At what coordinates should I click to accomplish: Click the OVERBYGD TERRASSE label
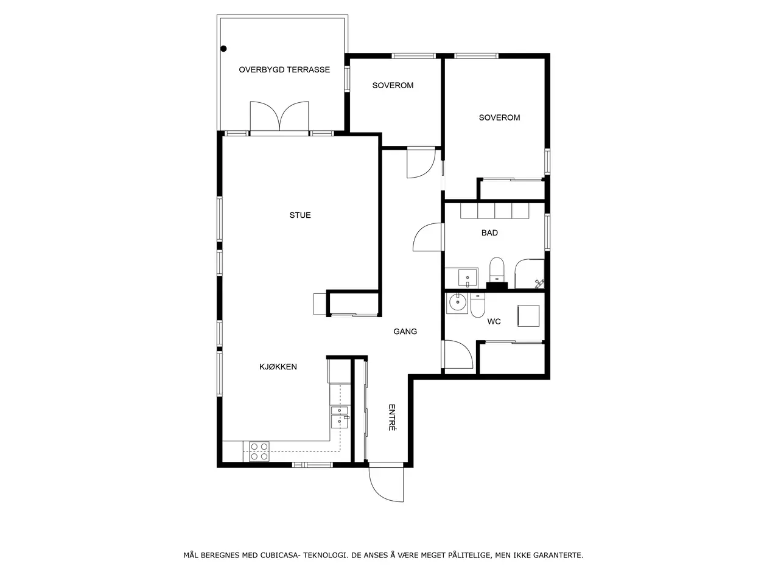tap(284, 69)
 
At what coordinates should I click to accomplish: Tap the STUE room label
tap(300, 215)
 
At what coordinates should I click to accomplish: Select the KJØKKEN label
tap(278, 366)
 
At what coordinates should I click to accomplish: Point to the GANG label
tap(405, 332)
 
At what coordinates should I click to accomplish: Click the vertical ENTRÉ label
tap(392, 417)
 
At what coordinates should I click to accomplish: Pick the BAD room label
tap(489, 233)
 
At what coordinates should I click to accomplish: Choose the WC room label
tap(494, 321)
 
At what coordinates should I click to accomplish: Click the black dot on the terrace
tap(223, 49)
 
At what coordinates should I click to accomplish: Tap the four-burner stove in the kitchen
tap(259, 451)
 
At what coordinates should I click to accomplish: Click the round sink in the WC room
tap(457, 302)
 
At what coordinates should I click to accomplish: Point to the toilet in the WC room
tap(478, 305)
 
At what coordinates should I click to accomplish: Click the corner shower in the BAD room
tap(530, 274)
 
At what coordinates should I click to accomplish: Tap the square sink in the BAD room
tap(468, 278)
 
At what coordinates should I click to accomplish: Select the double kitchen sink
tap(339, 417)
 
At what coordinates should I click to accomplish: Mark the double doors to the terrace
tap(279, 116)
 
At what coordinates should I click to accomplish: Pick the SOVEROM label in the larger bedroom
tap(499, 117)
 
